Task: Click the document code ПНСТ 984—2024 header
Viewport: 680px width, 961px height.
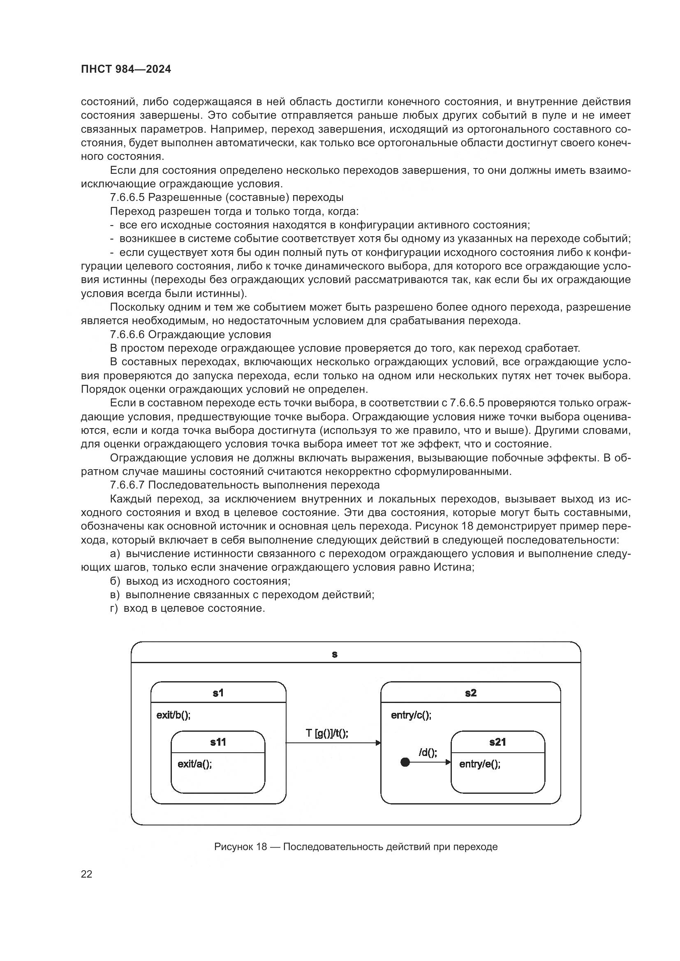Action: click(126, 69)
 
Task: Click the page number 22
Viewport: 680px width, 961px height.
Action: click(86, 874)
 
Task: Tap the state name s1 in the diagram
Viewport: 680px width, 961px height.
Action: click(218, 693)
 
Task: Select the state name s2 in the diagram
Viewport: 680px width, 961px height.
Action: click(471, 693)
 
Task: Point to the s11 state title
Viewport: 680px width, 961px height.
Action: click(218, 742)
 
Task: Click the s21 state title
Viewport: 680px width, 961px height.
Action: click(497, 742)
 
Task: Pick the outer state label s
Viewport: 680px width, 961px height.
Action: click(334, 654)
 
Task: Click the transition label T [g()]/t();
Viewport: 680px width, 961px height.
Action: click(327, 733)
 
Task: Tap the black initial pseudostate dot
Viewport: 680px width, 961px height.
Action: click(405, 762)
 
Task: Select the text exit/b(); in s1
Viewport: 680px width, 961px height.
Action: click(173, 715)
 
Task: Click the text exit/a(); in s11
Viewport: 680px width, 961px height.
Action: click(195, 764)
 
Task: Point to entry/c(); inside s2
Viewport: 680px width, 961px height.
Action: click(411, 715)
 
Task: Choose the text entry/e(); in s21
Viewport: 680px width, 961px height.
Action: click(480, 764)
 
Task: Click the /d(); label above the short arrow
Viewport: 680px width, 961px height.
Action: click(428, 753)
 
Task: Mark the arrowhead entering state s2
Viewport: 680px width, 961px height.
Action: click(378, 743)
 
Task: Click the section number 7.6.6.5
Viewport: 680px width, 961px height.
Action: click(127, 197)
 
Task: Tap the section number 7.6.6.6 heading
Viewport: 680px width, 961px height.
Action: click(127, 334)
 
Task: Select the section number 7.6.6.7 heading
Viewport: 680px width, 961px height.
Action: click(127, 485)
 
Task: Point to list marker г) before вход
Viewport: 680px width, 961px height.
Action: click(115, 608)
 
